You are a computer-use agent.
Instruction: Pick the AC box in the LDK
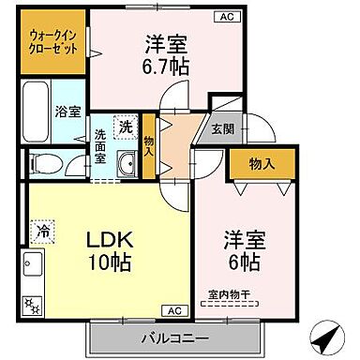174,309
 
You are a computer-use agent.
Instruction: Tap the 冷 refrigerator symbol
42,227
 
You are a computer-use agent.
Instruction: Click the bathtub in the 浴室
37,111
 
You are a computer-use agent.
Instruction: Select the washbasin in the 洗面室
125,166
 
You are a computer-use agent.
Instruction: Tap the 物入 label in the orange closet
262,164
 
